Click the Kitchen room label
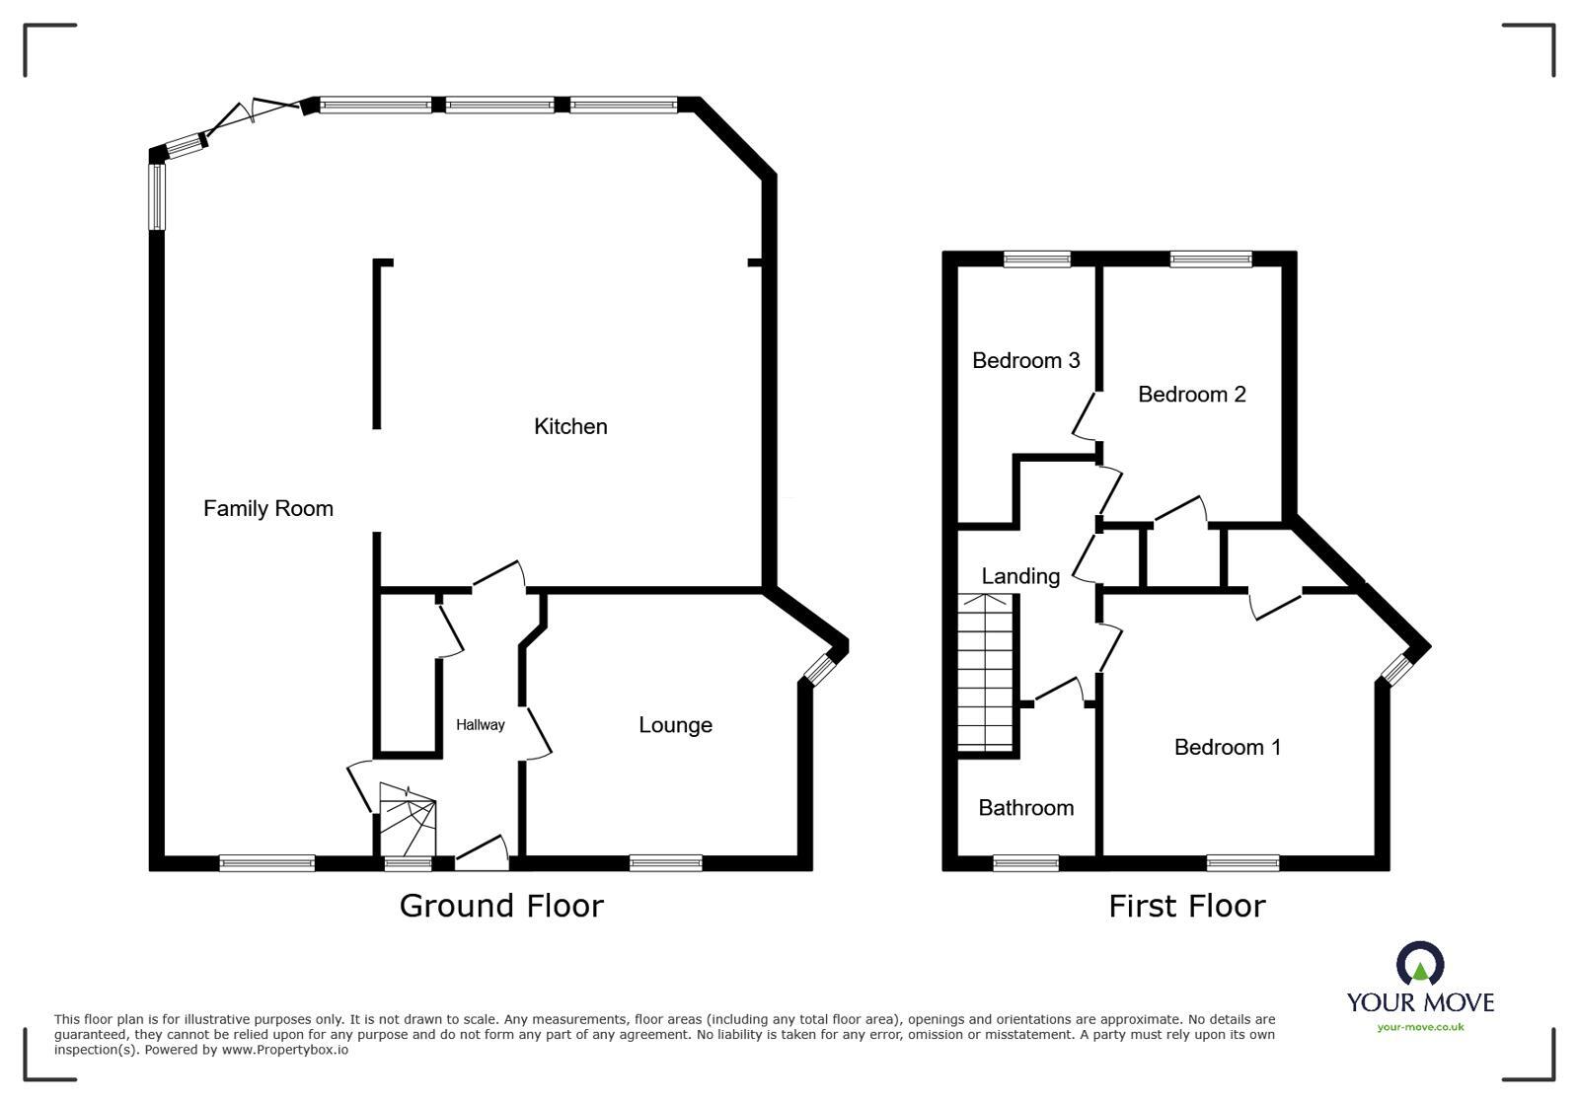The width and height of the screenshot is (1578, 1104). pyautogui.click(x=570, y=426)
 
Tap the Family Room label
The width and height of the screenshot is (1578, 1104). pyautogui.click(x=267, y=508)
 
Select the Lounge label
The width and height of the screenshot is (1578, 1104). pyautogui.click(x=675, y=725)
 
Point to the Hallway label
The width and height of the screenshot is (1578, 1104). pyautogui.click(x=480, y=724)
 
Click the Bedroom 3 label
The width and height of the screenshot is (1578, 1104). pyautogui.click(x=1025, y=360)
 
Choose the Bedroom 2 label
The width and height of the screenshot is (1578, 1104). pyautogui.click(x=1191, y=395)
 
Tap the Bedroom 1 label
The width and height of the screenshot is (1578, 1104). pyautogui.click(x=1227, y=747)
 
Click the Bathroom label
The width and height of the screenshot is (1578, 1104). pyautogui.click(x=1025, y=808)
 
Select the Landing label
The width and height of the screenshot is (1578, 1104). pyautogui.click(x=1020, y=576)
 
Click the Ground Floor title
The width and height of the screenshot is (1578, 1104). pyautogui.click(x=501, y=906)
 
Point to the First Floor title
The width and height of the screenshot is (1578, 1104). pyautogui.click(x=1186, y=906)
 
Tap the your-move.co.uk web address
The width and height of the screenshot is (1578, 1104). pyautogui.click(x=1420, y=1027)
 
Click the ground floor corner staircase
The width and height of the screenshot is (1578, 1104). pyautogui.click(x=408, y=819)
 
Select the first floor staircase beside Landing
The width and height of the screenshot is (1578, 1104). pyautogui.click(x=986, y=673)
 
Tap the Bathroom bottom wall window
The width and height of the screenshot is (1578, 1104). pyautogui.click(x=1025, y=864)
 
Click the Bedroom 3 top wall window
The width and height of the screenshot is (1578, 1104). pyautogui.click(x=1037, y=259)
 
